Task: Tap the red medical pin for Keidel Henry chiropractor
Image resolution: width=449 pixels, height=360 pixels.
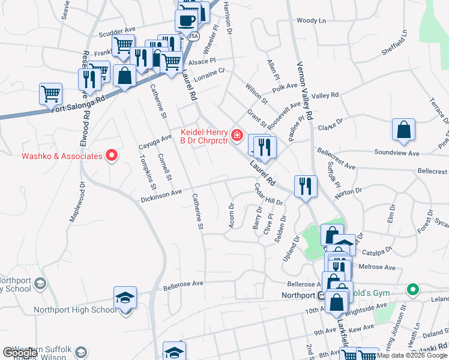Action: [238, 136]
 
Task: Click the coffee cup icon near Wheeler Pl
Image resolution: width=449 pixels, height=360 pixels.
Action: [185, 20]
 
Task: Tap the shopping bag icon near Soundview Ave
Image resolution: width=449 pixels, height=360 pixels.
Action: [403, 130]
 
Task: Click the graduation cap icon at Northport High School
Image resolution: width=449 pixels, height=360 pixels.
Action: [125, 298]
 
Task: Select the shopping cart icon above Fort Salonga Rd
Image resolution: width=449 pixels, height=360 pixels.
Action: [50, 94]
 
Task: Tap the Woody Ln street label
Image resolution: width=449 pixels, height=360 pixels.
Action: [311, 20]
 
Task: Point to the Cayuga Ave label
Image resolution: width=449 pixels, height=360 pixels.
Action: [155, 142]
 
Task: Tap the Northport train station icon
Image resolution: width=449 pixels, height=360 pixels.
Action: [321, 295]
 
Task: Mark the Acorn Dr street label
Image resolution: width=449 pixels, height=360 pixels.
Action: [231, 215]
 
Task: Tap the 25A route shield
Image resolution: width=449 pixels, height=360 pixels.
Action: [193, 37]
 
